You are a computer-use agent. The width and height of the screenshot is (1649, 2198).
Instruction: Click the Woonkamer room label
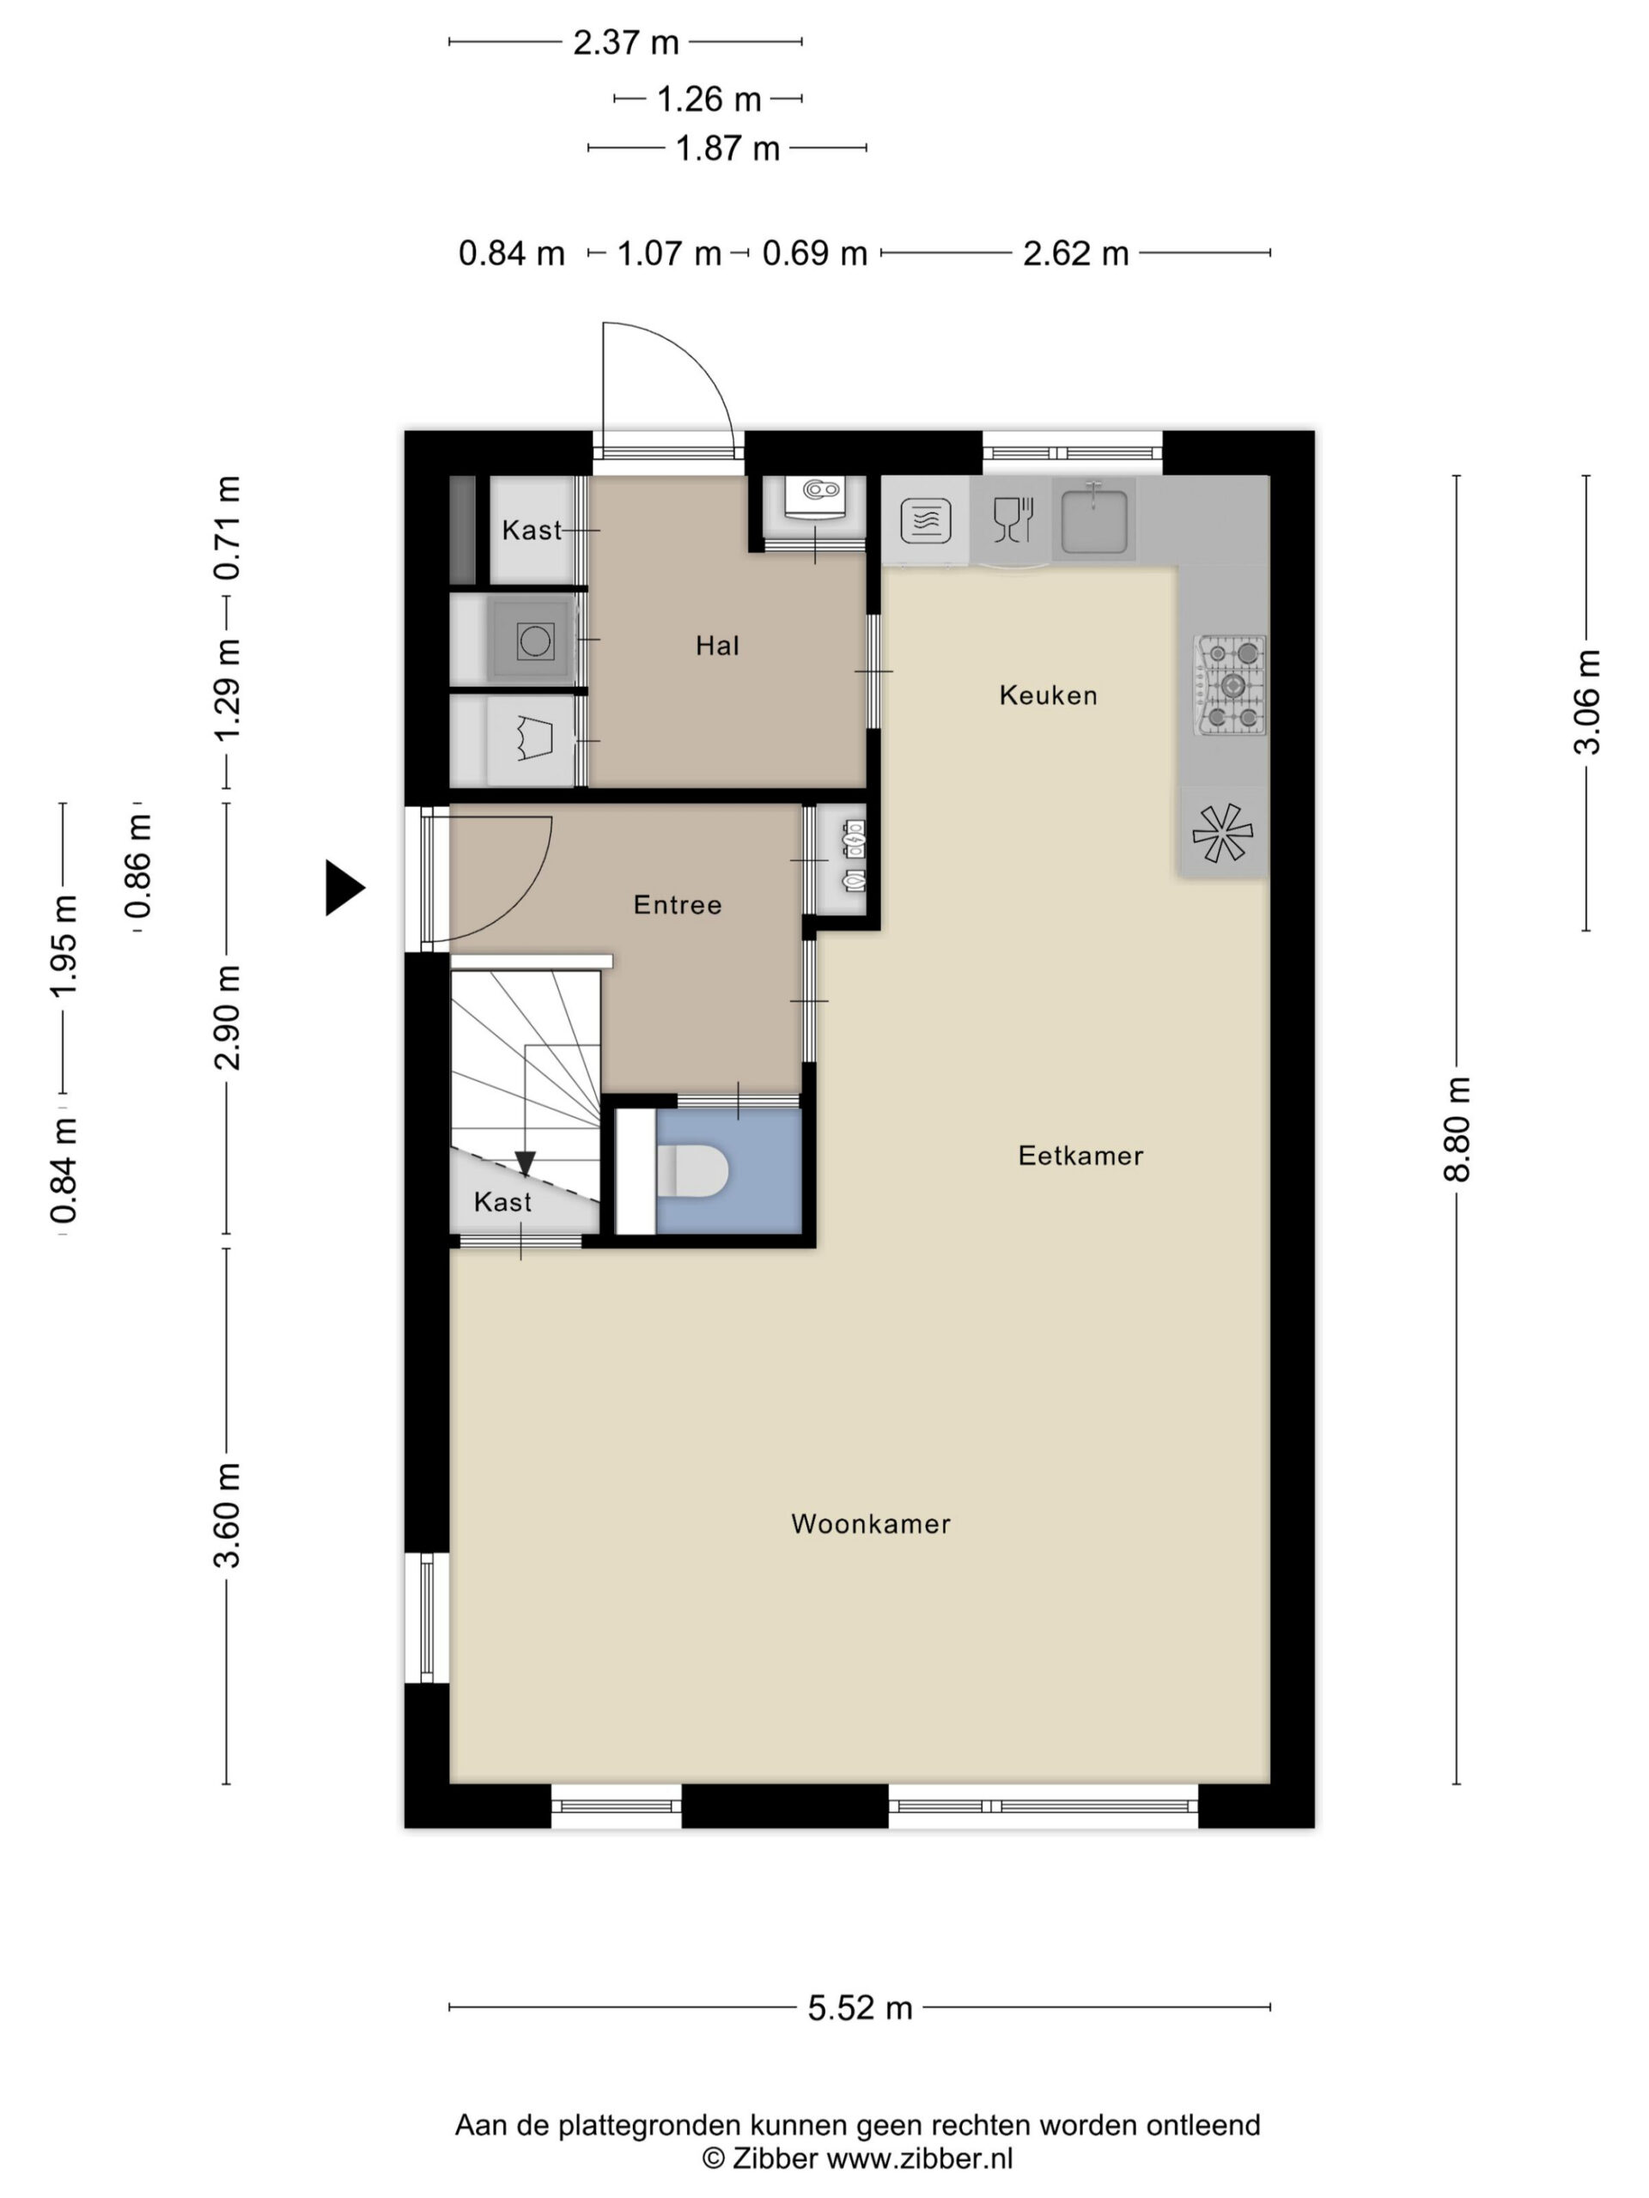(871, 1524)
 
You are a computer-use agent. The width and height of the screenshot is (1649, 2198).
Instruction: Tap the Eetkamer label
(1080, 1156)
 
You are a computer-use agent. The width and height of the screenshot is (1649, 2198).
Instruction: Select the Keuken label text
(1049, 695)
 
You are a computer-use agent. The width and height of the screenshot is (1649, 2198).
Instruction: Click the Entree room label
(678, 904)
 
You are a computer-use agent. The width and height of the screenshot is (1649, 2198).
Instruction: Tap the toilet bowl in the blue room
(694, 1170)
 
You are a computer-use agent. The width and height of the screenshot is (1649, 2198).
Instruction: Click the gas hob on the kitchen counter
(1231, 686)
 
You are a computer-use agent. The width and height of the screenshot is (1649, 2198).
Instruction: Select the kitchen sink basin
(1094, 519)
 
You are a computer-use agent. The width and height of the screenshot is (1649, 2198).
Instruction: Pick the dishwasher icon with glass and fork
(1013, 519)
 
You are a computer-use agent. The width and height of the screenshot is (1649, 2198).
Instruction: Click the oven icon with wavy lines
(925, 519)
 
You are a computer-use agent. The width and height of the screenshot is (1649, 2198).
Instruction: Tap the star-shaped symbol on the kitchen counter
(1223, 833)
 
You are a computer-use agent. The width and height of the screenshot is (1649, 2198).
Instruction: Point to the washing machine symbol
(533, 641)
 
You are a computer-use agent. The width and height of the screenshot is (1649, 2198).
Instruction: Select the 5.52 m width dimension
(860, 2008)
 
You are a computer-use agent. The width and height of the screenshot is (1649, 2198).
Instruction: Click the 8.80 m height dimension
(1456, 1130)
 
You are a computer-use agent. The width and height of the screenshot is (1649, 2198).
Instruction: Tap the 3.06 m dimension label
(1586, 701)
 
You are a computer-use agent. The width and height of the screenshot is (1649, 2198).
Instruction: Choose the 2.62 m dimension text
(1076, 253)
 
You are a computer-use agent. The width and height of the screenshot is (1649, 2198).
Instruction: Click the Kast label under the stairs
(503, 1202)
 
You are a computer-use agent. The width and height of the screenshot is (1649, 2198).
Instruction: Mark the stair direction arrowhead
(525, 1163)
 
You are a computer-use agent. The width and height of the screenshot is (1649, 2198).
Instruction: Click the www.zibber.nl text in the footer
(921, 2159)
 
